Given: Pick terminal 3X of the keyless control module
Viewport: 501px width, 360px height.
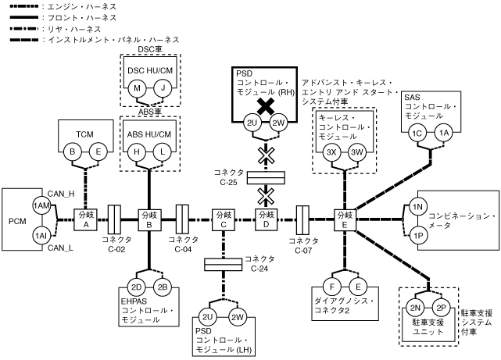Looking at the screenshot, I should coord(331,152).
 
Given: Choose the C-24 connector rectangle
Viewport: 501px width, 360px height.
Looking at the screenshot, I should coord(224,265).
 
